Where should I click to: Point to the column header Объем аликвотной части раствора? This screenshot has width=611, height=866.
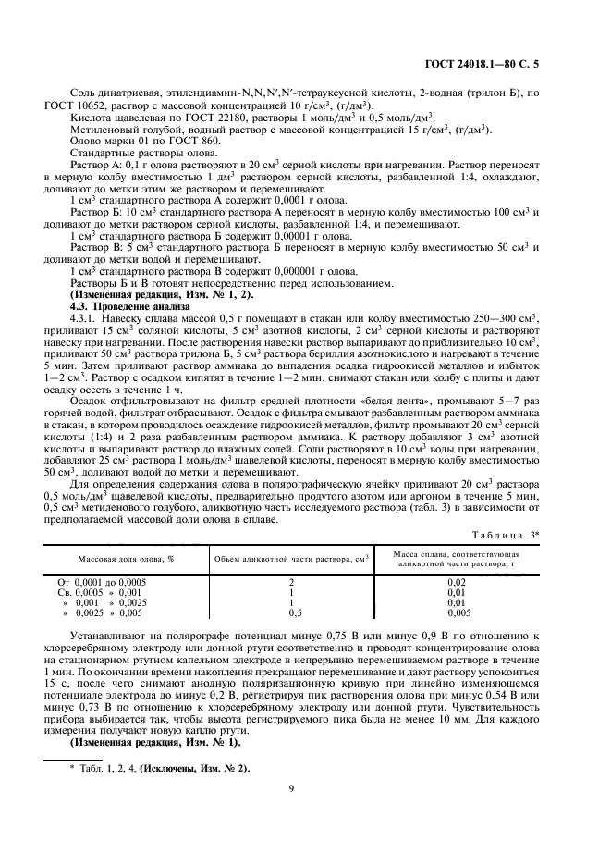coord(291,558)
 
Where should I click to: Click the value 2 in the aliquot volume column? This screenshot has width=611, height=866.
coord(291,581)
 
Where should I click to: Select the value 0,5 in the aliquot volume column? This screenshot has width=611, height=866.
coord(292,612)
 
